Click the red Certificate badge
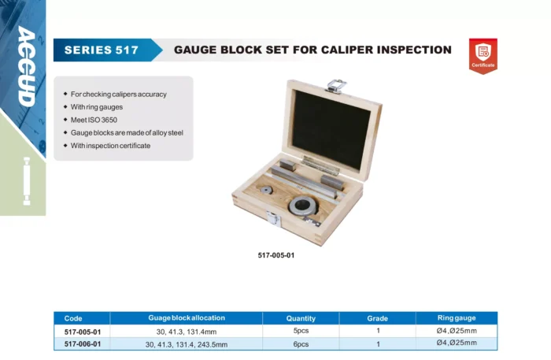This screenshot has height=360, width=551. [x=483, y=56]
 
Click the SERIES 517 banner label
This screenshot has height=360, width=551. [x=102, y=50]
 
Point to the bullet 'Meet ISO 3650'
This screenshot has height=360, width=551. [x=94, y=120]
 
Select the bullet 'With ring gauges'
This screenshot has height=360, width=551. [x=97, y=107]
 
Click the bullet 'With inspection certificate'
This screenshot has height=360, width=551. [x=110, y=146]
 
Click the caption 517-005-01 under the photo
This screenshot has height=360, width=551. [x=276, y=255]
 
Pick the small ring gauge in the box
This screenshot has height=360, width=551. [x=266, y=190]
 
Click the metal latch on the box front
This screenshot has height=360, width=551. [x=273, y=218]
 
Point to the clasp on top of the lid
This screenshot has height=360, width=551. [x=336, y=86]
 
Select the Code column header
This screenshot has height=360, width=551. [x=73, y=318]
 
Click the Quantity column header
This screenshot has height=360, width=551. [x=301, y=318]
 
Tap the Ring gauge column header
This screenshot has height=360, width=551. [x=457, y=317]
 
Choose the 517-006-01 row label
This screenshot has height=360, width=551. [x=83, y=343]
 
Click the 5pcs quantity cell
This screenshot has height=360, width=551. [x=301, y=331]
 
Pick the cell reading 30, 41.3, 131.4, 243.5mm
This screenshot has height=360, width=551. [x=187, y=344]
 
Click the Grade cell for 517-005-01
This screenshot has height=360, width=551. [x=378, y=331]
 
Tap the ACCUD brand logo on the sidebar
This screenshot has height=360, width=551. [x=27, y=66]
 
